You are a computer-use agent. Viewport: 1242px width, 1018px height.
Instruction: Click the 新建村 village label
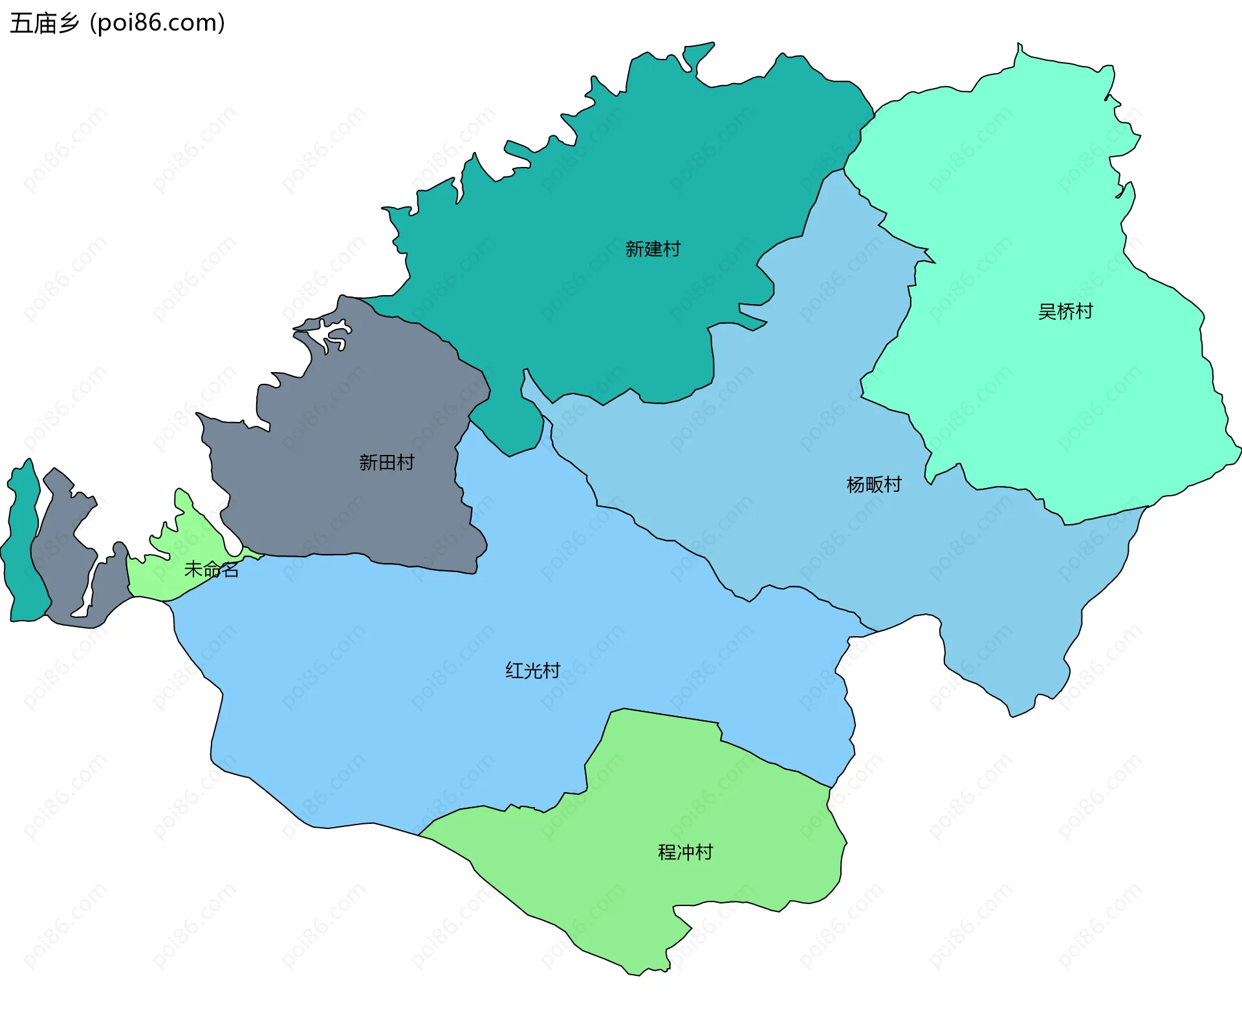pyautogui.click(x=652, y=249)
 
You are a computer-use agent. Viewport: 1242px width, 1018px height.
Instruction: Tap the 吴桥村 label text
pyautogui.click(x=1065, y=311)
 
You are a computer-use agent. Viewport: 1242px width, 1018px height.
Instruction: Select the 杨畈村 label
pyautogui.click(x=873, y=484)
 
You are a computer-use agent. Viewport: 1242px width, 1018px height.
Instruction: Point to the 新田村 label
pyautogui.click(x=386, y=462)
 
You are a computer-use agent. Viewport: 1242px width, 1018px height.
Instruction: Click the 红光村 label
pyautogui.click(x=532, y=670)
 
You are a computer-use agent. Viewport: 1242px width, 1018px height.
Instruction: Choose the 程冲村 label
pyautogui.click(x=685, y=852)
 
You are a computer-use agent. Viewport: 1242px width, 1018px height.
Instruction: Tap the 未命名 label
pyautogui.click(x=212, y=570)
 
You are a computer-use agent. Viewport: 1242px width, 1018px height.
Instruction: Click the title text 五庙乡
pyautogui.click(x=44, y=23)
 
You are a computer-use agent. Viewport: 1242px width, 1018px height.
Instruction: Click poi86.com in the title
pyautogui.click(x=157, y=23)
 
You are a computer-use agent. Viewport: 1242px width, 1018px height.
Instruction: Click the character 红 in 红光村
pyautogui.click(x=514, y=670)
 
